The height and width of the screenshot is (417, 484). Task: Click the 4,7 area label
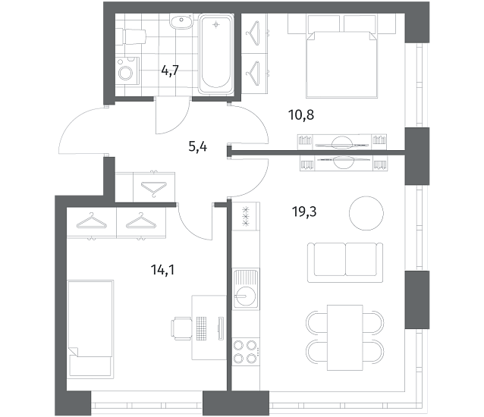tap(170, 71)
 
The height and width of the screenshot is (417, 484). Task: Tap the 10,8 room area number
tap(301, 114)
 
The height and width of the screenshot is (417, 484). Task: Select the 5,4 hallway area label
tap(197, 146)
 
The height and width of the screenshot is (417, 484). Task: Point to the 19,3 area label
tap(304, 212)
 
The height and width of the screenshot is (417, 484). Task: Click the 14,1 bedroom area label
tap(162, 270)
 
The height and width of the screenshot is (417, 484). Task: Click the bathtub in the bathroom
tap(216, 54)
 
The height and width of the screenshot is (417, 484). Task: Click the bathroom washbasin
tap(181, 21)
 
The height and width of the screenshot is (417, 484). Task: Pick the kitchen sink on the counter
tap(246, 289)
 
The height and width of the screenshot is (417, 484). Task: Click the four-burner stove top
tap(245, 351)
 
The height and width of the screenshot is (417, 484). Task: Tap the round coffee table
tap(366, 213)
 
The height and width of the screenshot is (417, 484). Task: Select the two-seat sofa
tap(345, 262)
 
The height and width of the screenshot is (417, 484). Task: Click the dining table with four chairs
tap(344, 337)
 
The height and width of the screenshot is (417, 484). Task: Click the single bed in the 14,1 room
tap(90, 329)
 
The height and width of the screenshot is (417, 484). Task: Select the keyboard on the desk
tap(201, 328)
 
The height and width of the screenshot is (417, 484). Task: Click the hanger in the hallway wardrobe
tap(154, 188)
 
